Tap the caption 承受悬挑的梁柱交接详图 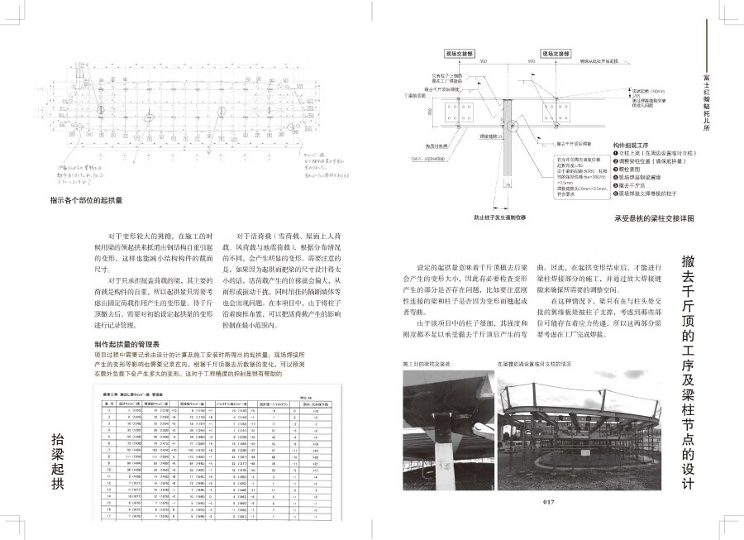654,218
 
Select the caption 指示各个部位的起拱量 87,200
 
